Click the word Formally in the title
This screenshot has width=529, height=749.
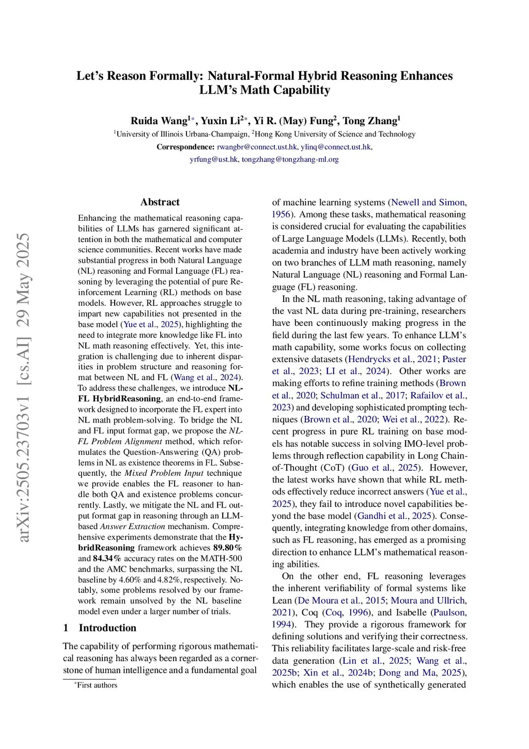point(177,76)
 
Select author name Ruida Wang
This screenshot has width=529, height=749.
point(159,121)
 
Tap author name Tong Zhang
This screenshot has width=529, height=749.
point(370,121)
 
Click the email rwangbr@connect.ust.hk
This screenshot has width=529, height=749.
point(257,147)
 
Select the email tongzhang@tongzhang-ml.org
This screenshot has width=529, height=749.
point(290,159)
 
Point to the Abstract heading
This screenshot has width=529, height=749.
point(160,202)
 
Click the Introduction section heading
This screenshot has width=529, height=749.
point(107,628)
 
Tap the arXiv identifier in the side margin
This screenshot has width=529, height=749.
point(24,388)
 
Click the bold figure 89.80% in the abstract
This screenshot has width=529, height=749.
point(227,548)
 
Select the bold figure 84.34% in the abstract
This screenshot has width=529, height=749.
point(107,559)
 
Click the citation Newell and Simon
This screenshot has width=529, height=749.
point(428,202)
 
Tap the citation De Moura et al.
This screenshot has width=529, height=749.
point(341,600)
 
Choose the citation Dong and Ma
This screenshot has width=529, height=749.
point(409,672)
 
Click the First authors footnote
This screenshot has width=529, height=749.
point(97,685)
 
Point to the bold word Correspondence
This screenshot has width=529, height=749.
point(185,147)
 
